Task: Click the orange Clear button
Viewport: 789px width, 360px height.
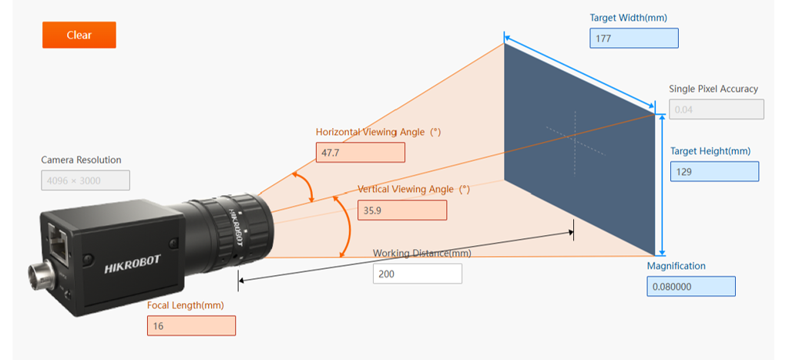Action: click(79, 35)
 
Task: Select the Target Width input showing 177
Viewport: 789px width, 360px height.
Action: click(634, 39)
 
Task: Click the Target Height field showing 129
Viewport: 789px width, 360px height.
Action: click(714, 171)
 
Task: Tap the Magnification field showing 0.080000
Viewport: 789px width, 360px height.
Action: click(691, 287)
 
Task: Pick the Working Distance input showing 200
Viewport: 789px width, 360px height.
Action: click(417, 274)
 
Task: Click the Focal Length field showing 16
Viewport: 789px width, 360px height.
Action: click(191, 326)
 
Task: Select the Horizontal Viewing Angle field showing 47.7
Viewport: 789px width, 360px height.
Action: click(361, 153)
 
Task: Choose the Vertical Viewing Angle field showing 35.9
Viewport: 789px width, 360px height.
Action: click(402, 210)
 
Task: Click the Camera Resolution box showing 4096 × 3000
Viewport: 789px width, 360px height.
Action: click(86, 180)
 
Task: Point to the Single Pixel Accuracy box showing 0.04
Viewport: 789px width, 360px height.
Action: click(717, 109)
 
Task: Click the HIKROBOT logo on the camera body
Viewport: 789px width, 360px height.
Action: click(133, 264)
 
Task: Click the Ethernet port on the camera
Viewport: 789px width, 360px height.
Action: click(59, 244)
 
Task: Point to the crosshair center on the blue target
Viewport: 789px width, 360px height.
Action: click(575, 136)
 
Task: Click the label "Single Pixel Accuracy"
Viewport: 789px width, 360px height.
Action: click(713, 89)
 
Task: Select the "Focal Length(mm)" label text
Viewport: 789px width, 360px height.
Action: click(186, 305)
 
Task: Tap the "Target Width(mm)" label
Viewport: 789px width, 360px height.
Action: click(629, 19)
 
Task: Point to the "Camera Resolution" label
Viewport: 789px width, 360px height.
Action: click(82, 160)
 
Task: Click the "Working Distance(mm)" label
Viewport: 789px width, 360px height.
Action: click(422, 254)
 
